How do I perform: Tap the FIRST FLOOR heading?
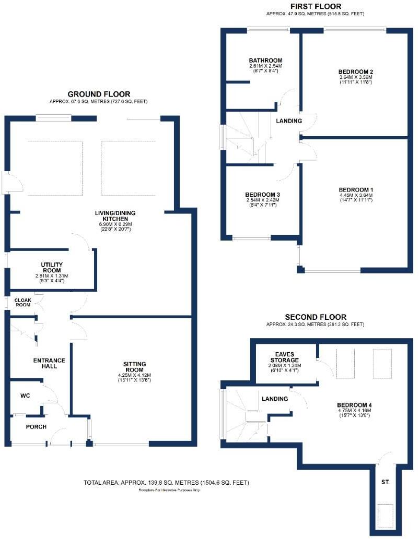point(316,6)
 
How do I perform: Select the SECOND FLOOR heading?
point(315,317)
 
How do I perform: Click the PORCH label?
point(36,427)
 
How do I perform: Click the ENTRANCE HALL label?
point(49,363)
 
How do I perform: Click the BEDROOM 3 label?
point(263,194)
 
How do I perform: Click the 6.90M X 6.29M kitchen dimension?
point(112,224)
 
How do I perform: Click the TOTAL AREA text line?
point(166,483)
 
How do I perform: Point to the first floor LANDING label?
point(289,121)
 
